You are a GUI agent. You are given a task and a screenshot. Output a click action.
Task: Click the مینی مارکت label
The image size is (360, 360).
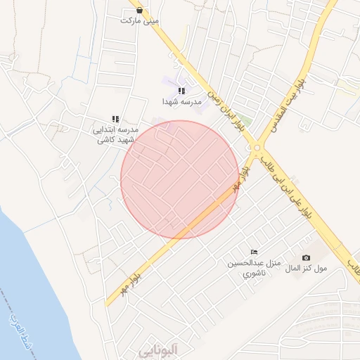[139, 20]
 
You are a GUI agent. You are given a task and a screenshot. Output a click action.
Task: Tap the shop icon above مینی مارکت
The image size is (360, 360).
[140, 10]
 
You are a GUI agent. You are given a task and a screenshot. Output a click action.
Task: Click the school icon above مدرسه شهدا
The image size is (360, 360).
[181, 91]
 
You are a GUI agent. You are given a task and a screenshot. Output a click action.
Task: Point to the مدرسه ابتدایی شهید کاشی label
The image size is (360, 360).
[117, 135]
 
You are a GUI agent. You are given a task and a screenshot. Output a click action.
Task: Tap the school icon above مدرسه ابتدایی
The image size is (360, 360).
[116, 120]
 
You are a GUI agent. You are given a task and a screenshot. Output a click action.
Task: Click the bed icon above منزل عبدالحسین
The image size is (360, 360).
[254, 252]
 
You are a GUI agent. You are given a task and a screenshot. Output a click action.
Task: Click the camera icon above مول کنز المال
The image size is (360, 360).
[306, 258]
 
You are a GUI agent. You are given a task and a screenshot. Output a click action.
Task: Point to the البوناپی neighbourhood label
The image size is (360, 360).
[160, 349]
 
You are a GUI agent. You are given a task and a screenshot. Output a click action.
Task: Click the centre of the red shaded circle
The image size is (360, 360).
[180, 179]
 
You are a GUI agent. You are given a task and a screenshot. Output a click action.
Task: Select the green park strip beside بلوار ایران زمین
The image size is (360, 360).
[242, 121]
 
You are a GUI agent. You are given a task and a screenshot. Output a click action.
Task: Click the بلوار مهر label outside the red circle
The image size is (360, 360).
[124, 283]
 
